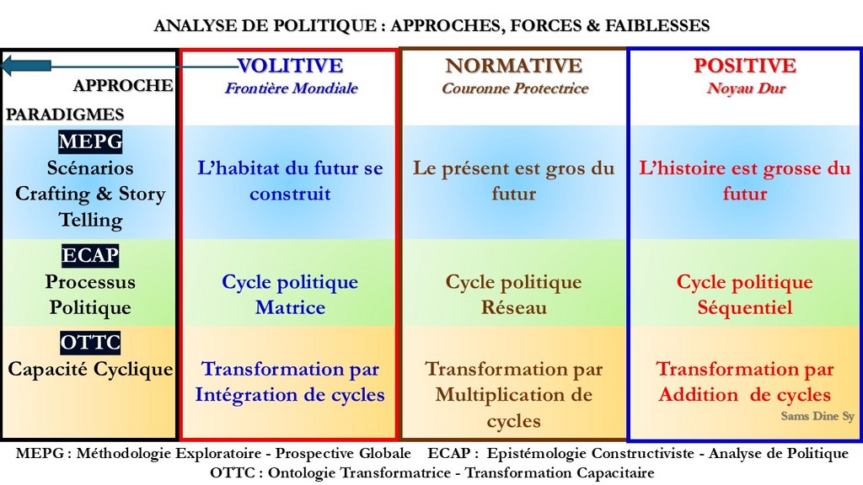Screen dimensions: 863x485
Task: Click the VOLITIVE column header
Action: click(x=291, y=66)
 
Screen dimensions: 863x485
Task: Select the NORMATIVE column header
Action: click(x=513, y=66)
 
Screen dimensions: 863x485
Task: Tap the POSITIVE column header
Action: click(x=745, y=66)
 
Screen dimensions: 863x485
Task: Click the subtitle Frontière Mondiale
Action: click(x=291, y=88)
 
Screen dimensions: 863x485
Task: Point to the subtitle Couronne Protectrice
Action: click(x=515, y=88)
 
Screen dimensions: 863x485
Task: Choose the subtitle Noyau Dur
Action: click(x=746, y=88)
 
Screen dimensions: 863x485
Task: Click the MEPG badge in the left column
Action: click(x=90, y=141)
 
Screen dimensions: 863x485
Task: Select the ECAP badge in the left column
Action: click(x=90, y=255)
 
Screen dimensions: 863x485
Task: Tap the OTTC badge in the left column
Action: click(x=90, y=342)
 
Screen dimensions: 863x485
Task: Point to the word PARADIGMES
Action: click(x=65, y=115)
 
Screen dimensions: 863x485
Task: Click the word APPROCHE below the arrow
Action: click(x=123, y=85)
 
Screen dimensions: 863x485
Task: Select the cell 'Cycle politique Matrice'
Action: click(x=290, y=294)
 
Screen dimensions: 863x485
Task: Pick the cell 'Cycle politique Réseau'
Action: click(x=513, y=294)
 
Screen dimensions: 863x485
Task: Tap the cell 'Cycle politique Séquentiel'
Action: click(x=745, y=294)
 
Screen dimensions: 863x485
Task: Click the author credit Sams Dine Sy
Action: click(x=817, y=416)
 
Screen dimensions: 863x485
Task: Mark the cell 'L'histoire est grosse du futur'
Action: click(x=745, y=181)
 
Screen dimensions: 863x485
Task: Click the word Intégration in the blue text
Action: click(x=245, y=395)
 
